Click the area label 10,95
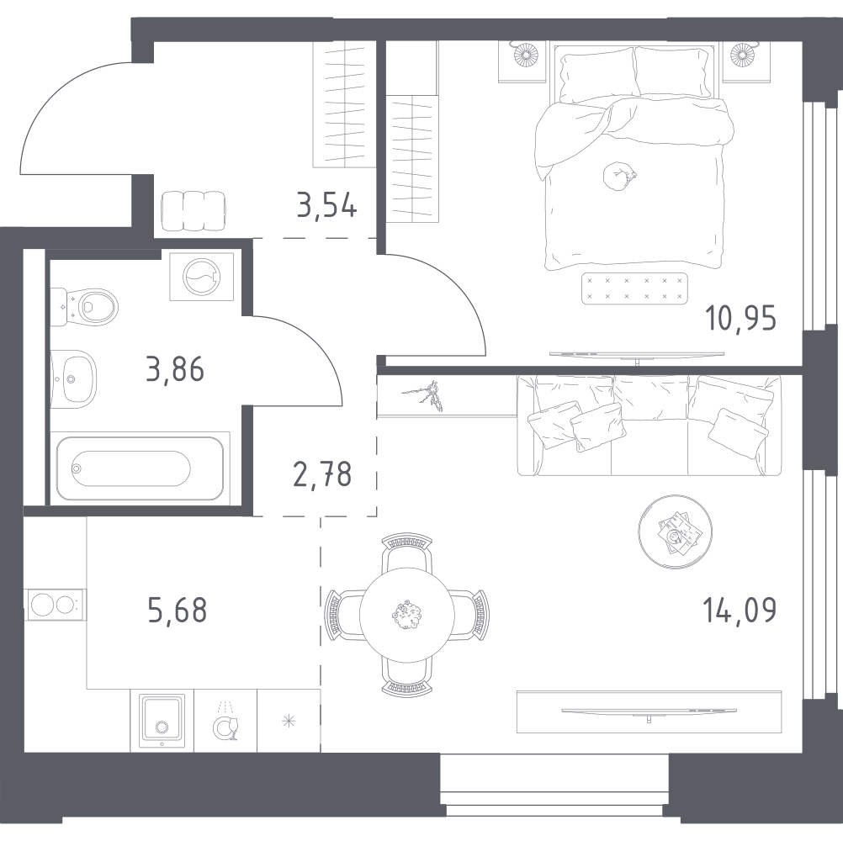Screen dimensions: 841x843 click(740, 320)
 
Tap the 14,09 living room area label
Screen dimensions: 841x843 click(740, 610)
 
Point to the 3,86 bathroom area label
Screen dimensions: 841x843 click(175, 369)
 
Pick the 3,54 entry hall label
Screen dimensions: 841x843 click(327, 204)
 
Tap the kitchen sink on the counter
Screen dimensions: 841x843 click(162, 720)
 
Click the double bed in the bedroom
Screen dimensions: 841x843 click(635, 160)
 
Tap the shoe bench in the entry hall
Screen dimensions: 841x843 click(193, 210)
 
